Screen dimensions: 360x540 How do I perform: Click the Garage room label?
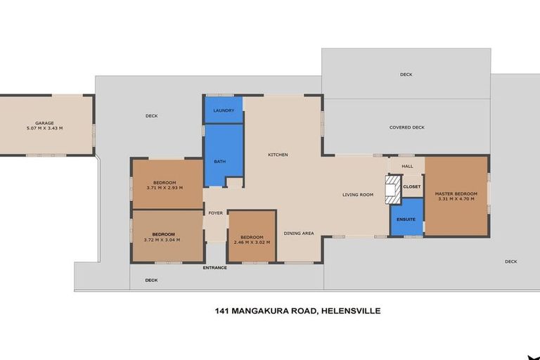click(44, 123)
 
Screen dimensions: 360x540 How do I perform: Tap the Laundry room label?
click(224, 110)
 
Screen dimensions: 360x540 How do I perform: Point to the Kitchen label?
click(278, 155)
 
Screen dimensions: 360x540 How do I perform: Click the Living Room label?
click(358, 195)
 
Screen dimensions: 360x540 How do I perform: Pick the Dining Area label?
click(299, 233)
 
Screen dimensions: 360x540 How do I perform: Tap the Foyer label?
click(215, 213)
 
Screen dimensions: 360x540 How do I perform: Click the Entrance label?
click(215, 268)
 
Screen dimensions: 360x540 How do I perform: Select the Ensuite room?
click(406, 219)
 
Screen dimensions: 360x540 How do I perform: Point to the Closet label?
click(412, 187)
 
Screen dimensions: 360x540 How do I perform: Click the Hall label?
click(407, 167)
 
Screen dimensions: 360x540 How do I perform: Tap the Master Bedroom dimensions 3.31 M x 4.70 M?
click(456, 199)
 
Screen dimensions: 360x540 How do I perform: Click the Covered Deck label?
click(407, 127)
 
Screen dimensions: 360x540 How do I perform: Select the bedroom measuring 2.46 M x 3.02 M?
click(251, 239)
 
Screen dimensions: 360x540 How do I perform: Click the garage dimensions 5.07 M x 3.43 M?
click(44, 128)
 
